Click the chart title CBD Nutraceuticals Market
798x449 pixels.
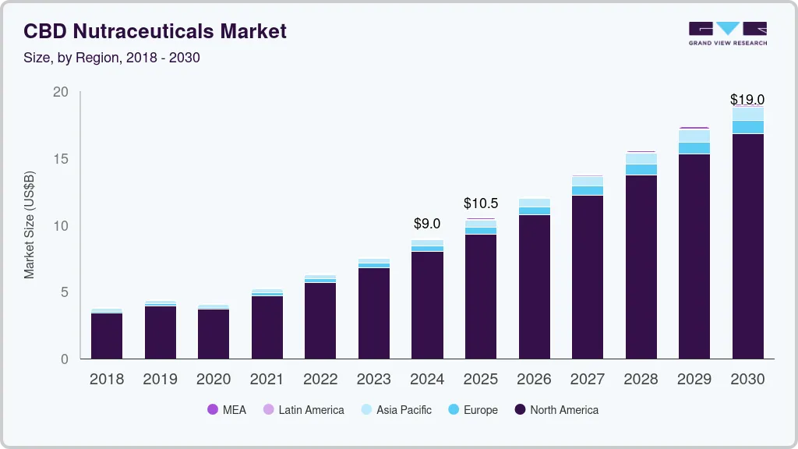[x=155, y=31]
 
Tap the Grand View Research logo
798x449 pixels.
[x=727, y=33]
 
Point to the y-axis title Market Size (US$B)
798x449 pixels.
[x=30, y=225]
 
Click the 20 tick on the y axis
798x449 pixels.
[x=60, y=93]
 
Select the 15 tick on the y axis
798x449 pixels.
[x=60, y=159]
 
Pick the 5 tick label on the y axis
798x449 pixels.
[x=64, y=292]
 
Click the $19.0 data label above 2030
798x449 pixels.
[x=747, y=99]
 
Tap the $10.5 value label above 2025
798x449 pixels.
[x=480, y=203]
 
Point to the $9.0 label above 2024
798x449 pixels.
[x=427, y=224]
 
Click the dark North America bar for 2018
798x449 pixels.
[x=107, y=335]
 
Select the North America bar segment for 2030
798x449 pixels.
[x=747, y=246]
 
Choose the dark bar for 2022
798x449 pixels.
[x=320, y=320]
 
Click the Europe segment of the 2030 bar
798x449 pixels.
[x=747, y=127]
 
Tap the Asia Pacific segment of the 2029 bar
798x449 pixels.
[x=694, y=136]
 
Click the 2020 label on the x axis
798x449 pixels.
[x=214, y=380]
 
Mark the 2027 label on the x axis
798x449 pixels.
[x=587, y=380]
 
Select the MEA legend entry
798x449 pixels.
[x=227, y=409]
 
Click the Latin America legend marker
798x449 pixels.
[x=268, y=409]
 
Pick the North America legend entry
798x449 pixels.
[x=556, y=409]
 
